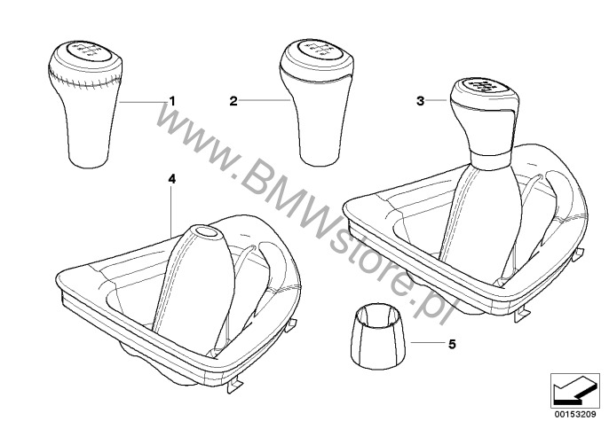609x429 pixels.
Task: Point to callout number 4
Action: [171, 179]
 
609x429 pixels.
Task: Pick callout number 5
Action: [452, 344]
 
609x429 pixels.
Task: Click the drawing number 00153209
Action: [575, 414]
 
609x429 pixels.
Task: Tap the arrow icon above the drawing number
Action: [575, 391]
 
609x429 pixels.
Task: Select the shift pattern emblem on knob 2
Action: [317, 49]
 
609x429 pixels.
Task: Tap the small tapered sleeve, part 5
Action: [379, 336]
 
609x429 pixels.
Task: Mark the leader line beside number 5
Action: [427, 343]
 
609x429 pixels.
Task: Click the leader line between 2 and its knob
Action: [265, 101]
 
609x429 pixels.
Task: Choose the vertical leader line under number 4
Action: [171, 211]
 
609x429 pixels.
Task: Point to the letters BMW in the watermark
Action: [281, 203]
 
